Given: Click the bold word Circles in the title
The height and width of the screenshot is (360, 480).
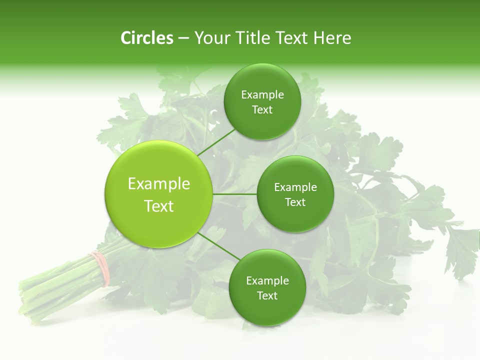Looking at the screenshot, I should click(x=147, y=38).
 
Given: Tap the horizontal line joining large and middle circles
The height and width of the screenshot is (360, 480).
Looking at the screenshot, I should click(x=235, y=194).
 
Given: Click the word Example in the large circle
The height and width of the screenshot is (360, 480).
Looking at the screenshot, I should click(x=158, y=184).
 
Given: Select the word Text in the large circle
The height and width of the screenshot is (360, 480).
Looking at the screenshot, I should click(x=158, y=206).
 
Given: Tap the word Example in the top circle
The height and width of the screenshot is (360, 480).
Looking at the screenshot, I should click(x=262, y=95).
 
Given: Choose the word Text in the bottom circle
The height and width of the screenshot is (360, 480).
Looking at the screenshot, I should click(x=267, y=295).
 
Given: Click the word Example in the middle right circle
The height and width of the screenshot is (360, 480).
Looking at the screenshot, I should click(x=295, y=187).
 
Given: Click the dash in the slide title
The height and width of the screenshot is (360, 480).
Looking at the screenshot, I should click(x=183, y=38).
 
